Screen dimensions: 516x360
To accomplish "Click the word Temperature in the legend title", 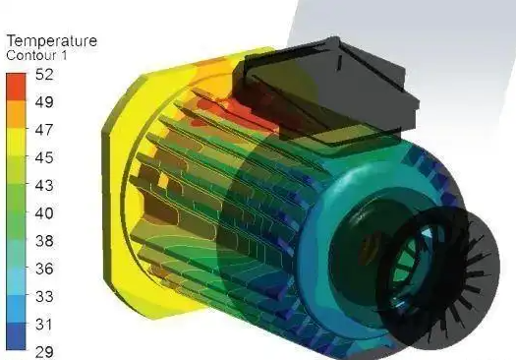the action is click(x=52, y=41).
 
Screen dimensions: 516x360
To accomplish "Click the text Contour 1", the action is click(x=36, y=55).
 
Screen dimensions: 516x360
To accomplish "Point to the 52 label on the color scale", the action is click(x=44, y=75).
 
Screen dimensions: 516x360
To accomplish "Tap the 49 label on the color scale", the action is click(x=44, y=102).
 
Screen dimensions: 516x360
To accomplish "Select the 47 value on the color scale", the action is click(x=44, y=130).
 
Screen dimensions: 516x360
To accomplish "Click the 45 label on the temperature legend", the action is click(x=44, y=157).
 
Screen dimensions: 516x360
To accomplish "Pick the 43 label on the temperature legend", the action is click(x=44, y=186).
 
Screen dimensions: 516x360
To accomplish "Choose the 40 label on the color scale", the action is click(x=44, y=213).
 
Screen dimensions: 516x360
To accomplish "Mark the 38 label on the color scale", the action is click(x=44, y=241).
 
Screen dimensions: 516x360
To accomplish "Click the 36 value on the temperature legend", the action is click(x=44, y=269).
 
